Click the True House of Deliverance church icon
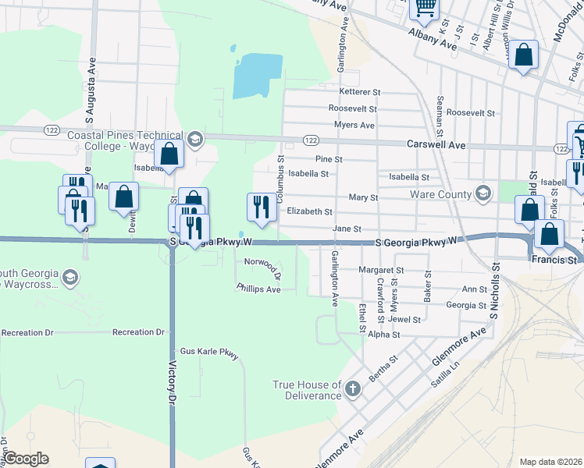coord(352,388)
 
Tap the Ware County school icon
coord(483,193)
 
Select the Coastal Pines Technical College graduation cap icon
coord(194,140)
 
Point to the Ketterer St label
coord(359,92)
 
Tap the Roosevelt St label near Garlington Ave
coord(353,108)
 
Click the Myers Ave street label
coord(354,125)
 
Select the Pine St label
coord(329,159)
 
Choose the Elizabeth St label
coord(309,211)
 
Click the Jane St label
coord(347,229)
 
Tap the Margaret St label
coord(380,270)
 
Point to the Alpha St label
coord(383,335)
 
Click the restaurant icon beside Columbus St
coord(261,207)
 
